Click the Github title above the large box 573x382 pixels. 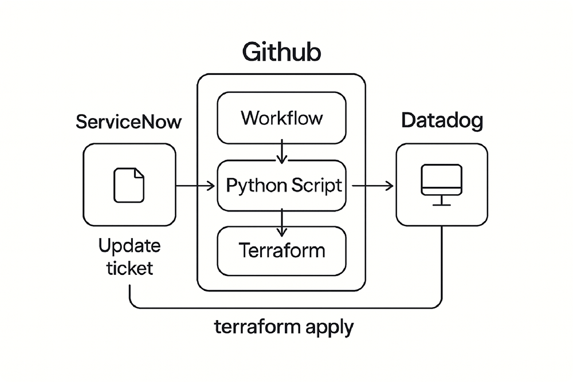(x=281, y=52)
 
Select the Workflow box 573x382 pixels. (x=281, y=118)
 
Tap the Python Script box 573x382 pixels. (x=281, y=186)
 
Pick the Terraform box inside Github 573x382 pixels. (x=281, y=251)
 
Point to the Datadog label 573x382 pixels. (x=442, y=121)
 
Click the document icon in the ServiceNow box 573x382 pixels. (x=129, y=185)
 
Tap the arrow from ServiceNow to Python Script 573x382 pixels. (x=195, y=186)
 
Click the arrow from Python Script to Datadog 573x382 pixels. (x=372, y=186)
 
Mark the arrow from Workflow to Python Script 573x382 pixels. (x=281, y=152)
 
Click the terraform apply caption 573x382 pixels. (x=284, y=328)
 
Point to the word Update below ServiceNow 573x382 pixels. (x=129, y=247)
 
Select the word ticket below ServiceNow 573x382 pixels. (x=129, y=267)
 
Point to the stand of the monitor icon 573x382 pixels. (x=441, y=200)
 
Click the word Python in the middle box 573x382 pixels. (x=253, y=186)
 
